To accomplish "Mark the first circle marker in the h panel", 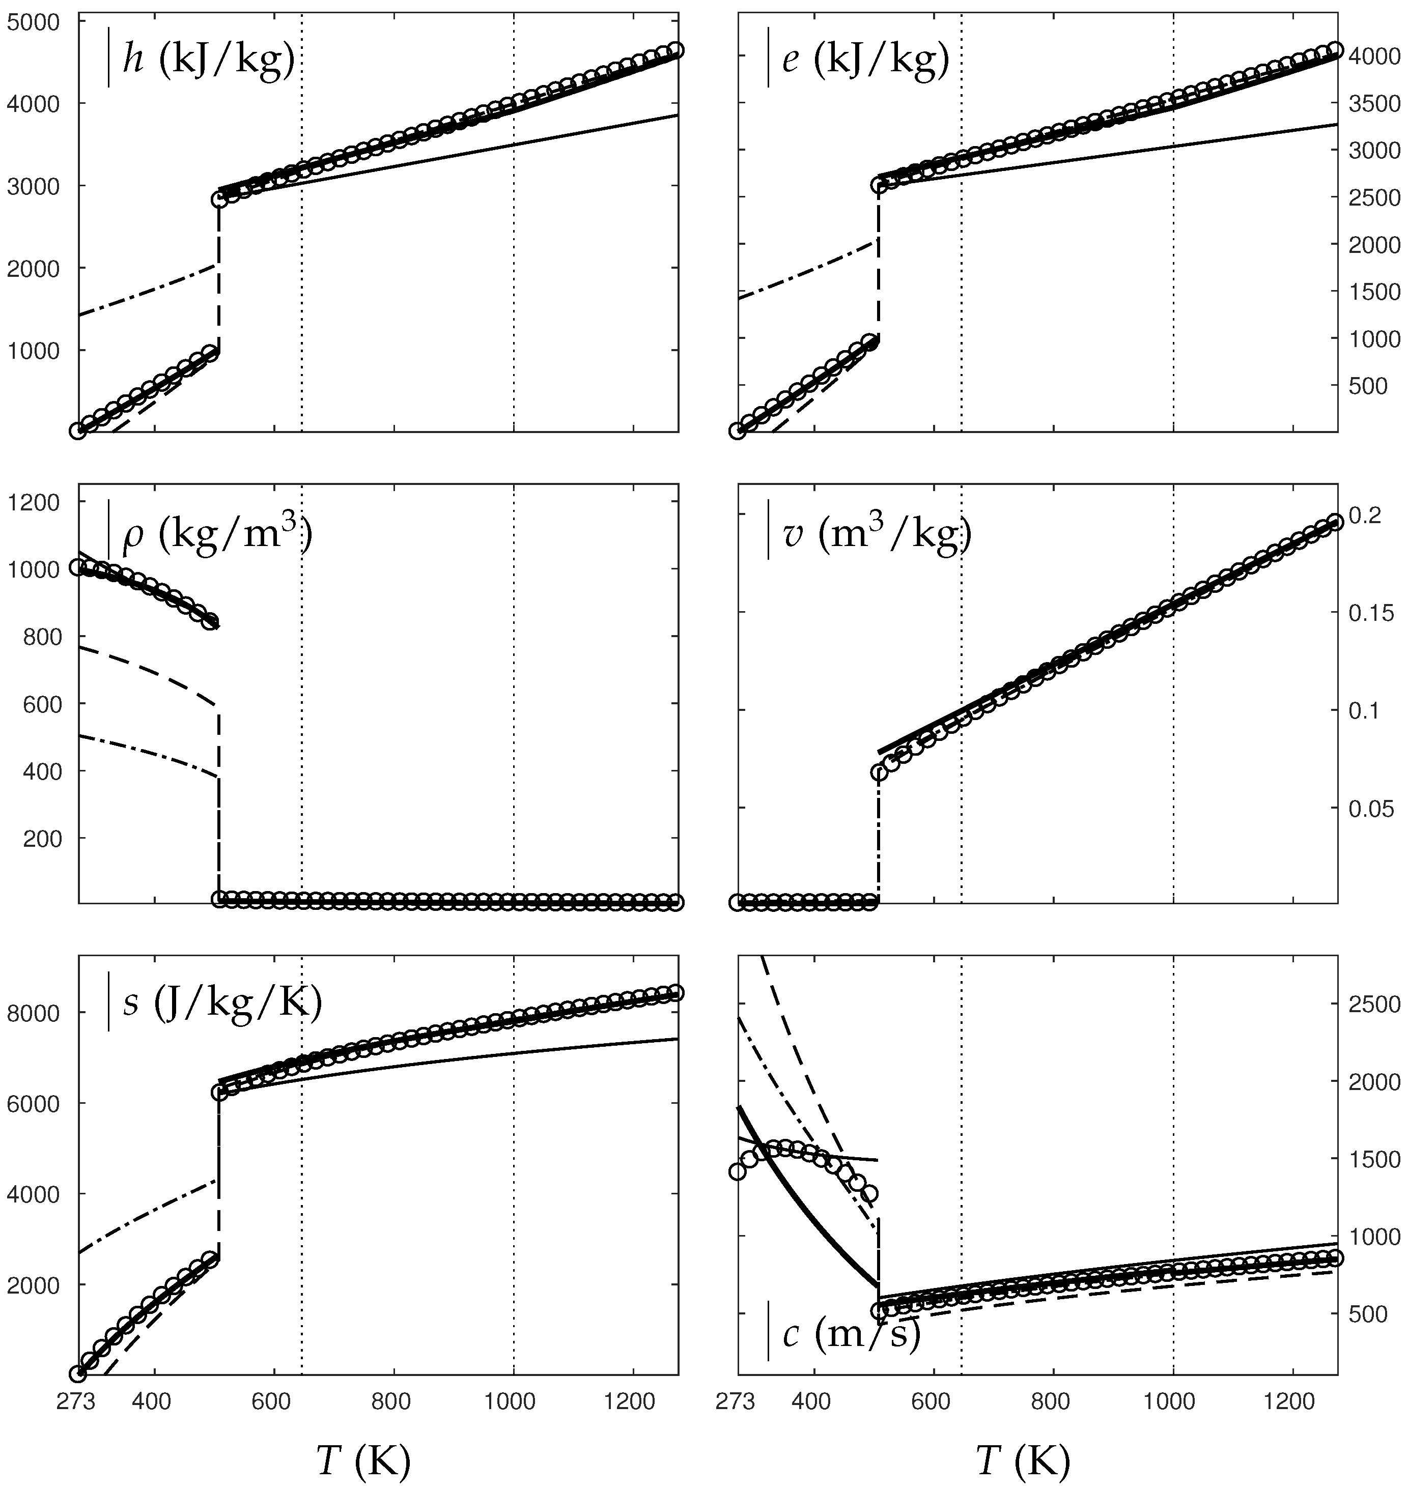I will pyautogui.click(x=77, y=431).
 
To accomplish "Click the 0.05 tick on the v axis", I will pyautogui.click(x=1373, y=808).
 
